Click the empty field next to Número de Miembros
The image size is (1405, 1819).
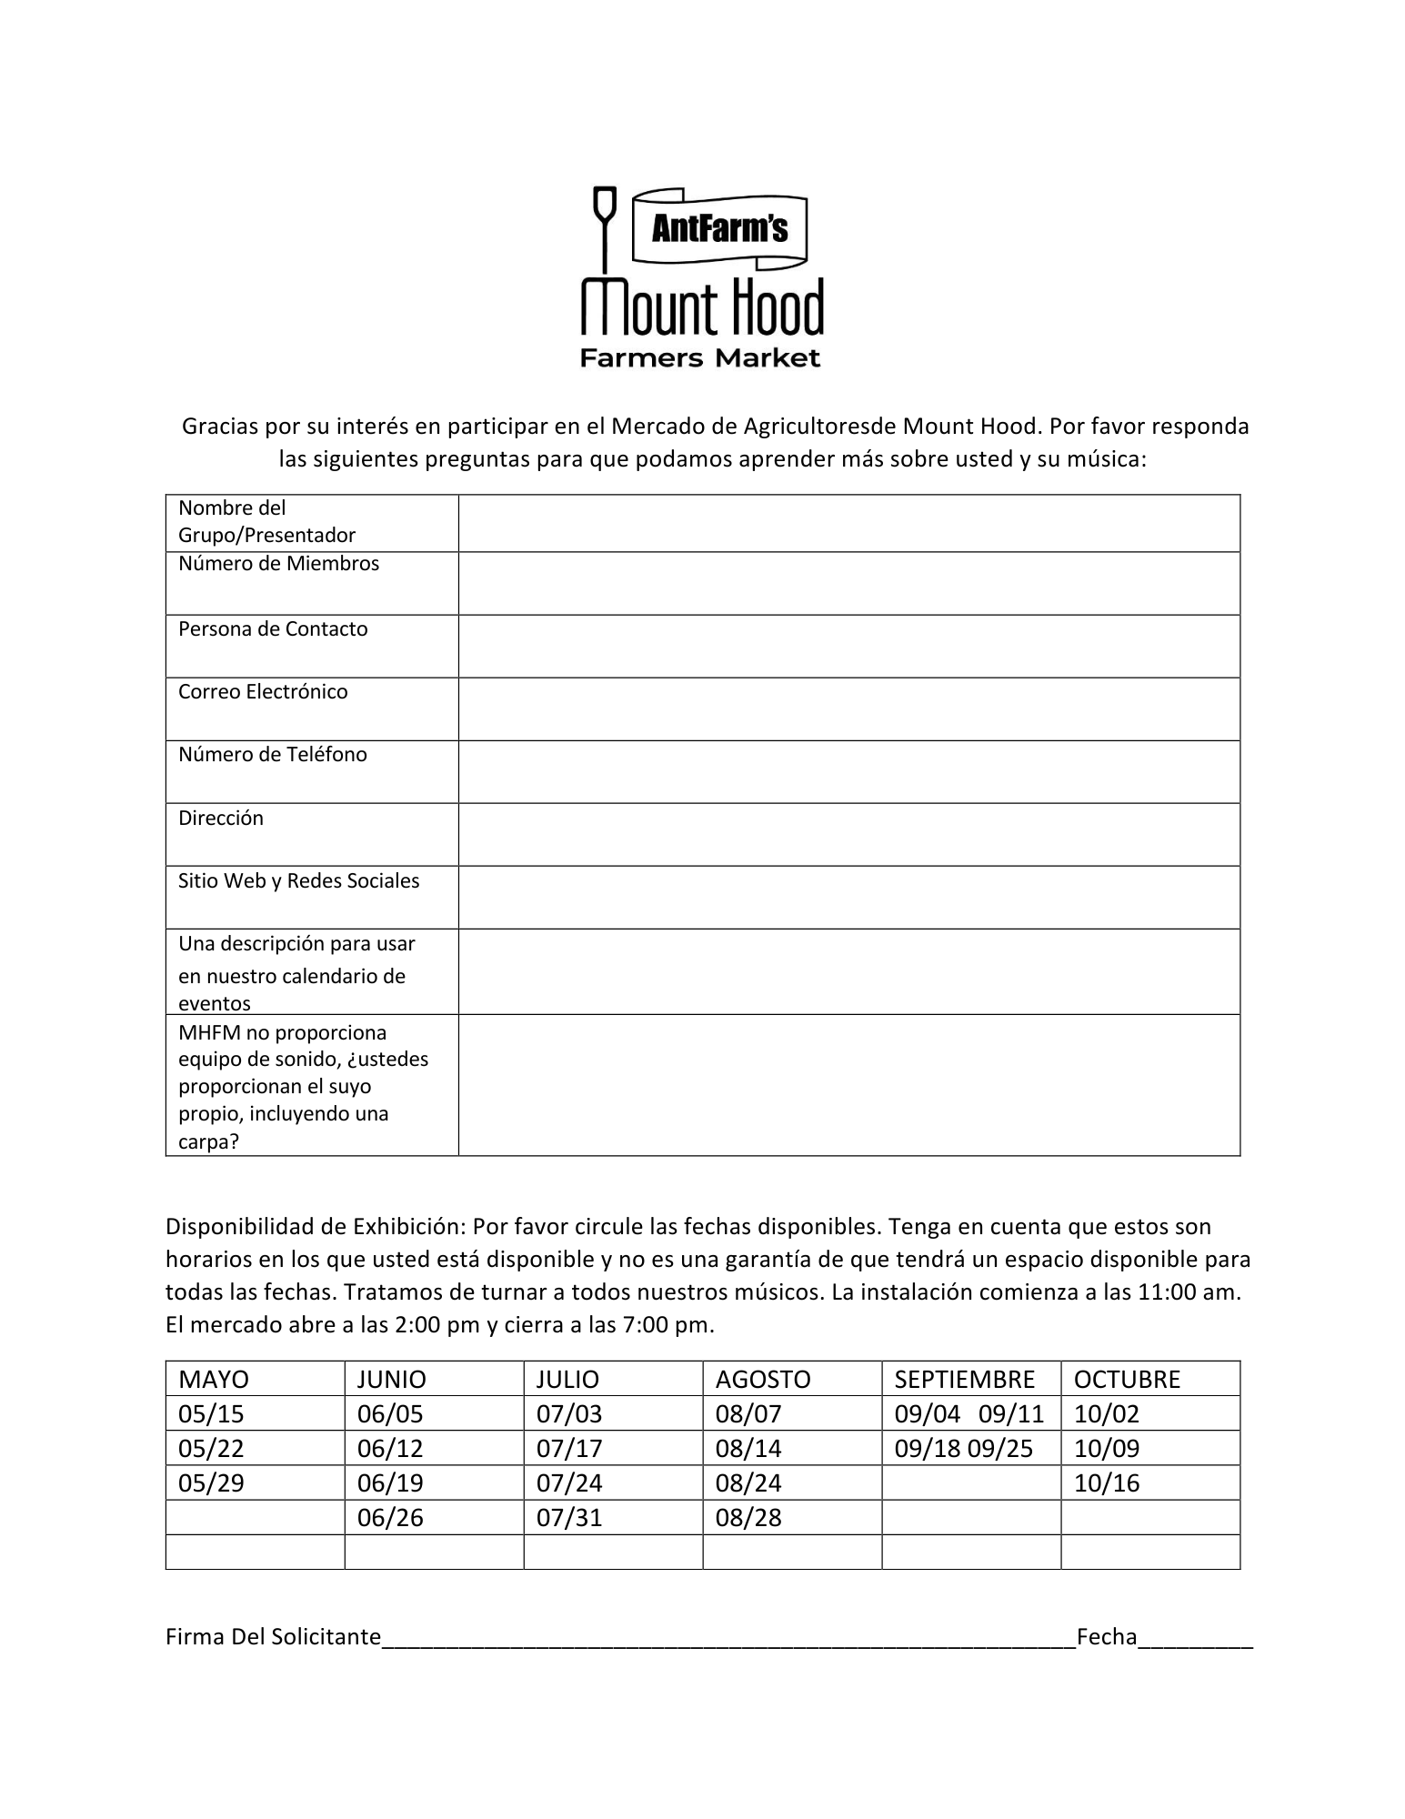coord(848,583)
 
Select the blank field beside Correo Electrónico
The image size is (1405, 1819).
coord(848,709)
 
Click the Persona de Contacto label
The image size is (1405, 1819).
coord(273,629)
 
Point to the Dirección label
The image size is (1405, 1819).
coord(221,818)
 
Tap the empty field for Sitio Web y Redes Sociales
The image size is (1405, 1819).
coord(848,897)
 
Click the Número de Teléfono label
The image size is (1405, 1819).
coord(273,755)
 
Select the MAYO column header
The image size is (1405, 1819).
coord(214,1379)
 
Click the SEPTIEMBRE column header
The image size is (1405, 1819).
coord(964,1379)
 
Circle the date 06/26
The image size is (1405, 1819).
coord(390,1517)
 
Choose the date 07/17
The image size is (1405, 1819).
coord(569,1448)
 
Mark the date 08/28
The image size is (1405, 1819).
coord(748,1517)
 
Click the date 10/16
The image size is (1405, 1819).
coord(1107,1482)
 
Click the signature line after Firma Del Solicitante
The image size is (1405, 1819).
coord(728,1639)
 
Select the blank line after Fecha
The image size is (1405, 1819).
coord(1195,1639)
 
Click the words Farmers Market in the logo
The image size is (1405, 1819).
coord(700,357)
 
